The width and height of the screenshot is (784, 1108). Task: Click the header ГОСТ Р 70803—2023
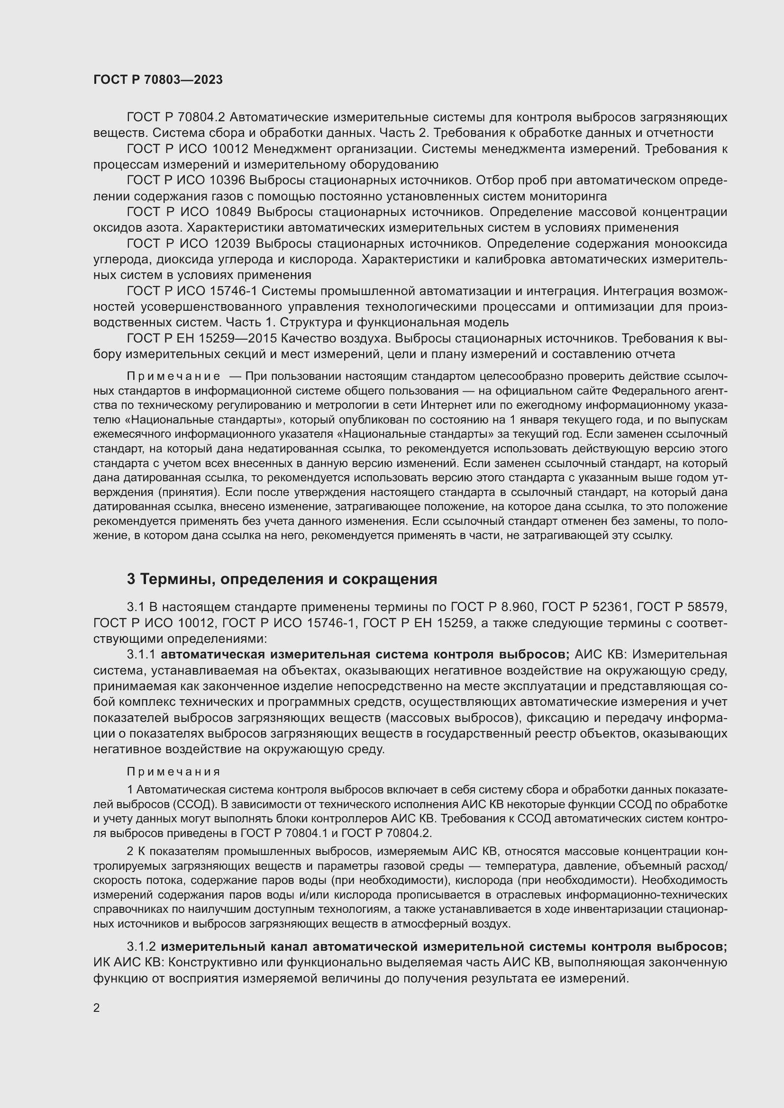[x=158, y=80]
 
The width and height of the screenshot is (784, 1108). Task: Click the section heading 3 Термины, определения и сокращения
[x=282, y=579]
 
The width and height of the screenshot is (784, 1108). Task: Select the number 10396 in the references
[x=228, y=180]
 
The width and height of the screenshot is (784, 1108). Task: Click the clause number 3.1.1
[x=141, y=655]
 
